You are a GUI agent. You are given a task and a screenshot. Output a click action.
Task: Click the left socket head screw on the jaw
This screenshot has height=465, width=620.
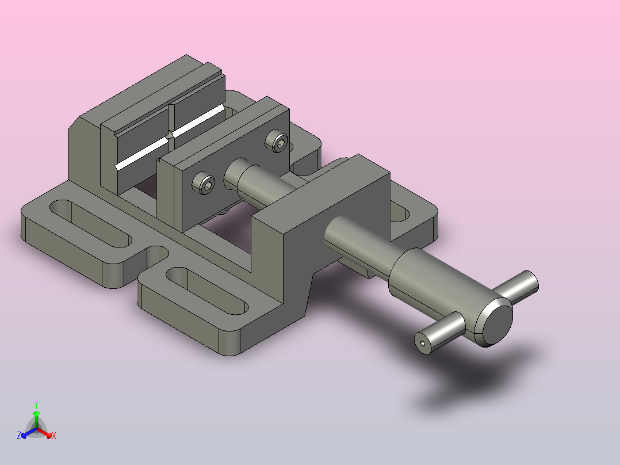[204, 183]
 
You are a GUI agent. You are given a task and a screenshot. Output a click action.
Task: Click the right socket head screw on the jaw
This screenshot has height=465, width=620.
[277, 140]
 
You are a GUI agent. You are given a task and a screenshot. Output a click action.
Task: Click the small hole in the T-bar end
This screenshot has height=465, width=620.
[423, 344]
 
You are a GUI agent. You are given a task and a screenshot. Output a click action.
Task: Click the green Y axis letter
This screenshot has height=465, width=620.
[36, 405]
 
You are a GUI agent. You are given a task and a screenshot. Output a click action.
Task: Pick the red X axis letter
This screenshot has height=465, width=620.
[54, 436]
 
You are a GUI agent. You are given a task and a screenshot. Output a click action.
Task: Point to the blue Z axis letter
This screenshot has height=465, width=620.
[18, 436]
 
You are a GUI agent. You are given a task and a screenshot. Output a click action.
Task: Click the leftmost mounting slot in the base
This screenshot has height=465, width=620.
[90, 224]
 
